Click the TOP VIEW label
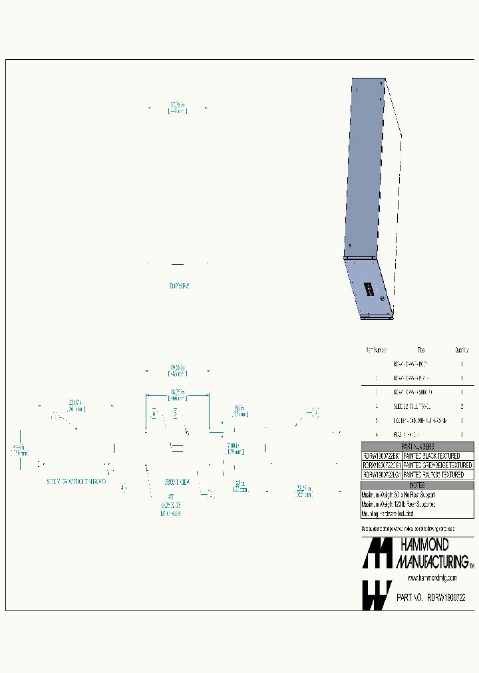click(179, 287)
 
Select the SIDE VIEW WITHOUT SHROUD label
click(77, 481)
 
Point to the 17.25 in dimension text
click(178, 108)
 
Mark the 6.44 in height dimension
click(19, 450)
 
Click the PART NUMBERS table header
click(417, 447)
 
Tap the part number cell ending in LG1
click(381, 475)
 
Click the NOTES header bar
click(417, 485)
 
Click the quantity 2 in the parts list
click(462, 406)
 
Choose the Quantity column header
click(462, 350)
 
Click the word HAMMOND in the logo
click(424, 546)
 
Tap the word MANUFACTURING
click(432, 562)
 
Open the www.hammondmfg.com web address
click(431, 578)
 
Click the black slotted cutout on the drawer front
click(367, 289)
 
